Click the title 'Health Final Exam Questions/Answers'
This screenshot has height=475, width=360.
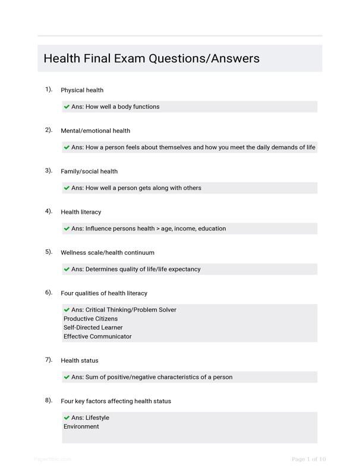pyautogui.click(x=151, y=59)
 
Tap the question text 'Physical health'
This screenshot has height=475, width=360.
pyautogui.click(x=82, y=90)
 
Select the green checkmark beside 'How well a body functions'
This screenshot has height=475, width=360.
pyautogui.click(x=67, y=107)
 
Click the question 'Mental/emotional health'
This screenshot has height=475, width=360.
pyautogui.click(x=95, y=131)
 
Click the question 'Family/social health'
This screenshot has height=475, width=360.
pyautogui.click(x=89, y=172)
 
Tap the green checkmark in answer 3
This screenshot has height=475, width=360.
pyautogui.click(x=67, y=188)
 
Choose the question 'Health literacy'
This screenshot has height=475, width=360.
pyautogui.click(x=81, y=212)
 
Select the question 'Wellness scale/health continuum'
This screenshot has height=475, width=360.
pyautogui.click(x=108, y=252)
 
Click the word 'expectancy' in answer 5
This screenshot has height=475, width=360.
pyautogui.click(x=182, y=269)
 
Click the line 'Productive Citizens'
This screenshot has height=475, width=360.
pyautogui.click(x=90, y=319)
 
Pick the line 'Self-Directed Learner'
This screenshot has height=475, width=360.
pyautogui.click(x=93, y=328)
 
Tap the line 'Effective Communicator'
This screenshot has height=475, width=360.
pyautogui.click(x=97, y=337)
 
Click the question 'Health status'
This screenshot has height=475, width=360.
pyautogui.click(x=79, y=360)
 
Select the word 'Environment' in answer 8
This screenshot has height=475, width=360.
pyautogui.click(x=81, y=426)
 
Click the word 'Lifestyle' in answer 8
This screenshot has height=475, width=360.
pyautogui.click(x=97, y=418)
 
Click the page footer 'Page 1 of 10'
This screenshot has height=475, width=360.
pyautogui.click(x=309, y=459)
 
